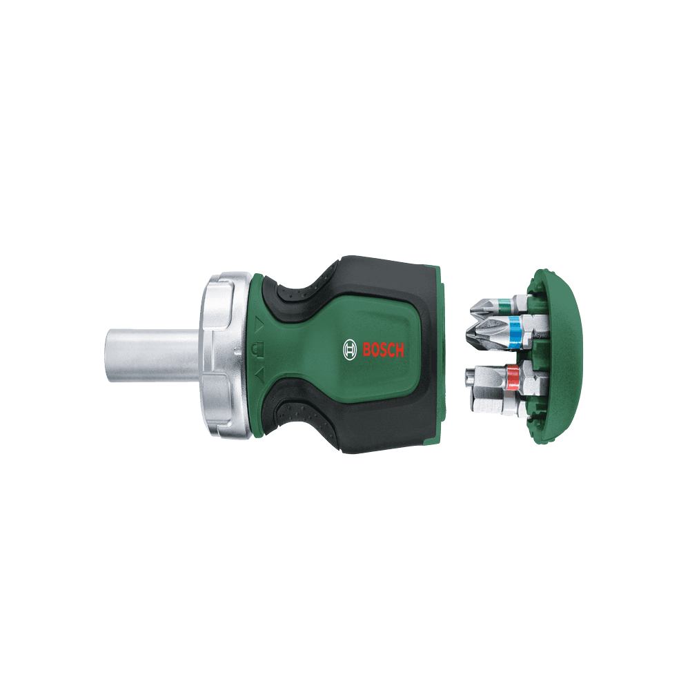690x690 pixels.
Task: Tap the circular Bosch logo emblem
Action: tap(350, 350)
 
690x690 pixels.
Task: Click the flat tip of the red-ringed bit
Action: tap(469, 378)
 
